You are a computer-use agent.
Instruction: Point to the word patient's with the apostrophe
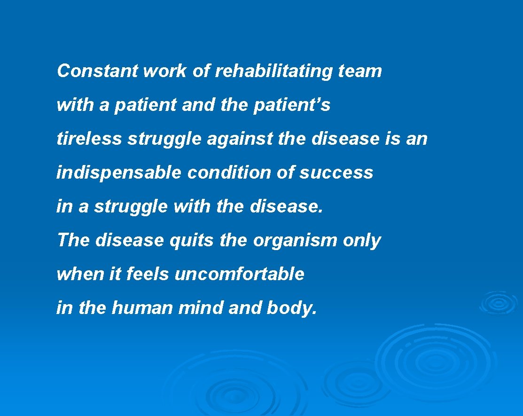(292, 105)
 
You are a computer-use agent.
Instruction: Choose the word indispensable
(118, 173)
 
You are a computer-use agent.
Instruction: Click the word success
(336, 173)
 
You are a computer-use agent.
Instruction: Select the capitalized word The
(73, 241)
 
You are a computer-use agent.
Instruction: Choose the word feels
(148, 275)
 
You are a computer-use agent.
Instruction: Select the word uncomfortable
(240, 275)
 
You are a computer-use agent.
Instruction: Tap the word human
(142, 308)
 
